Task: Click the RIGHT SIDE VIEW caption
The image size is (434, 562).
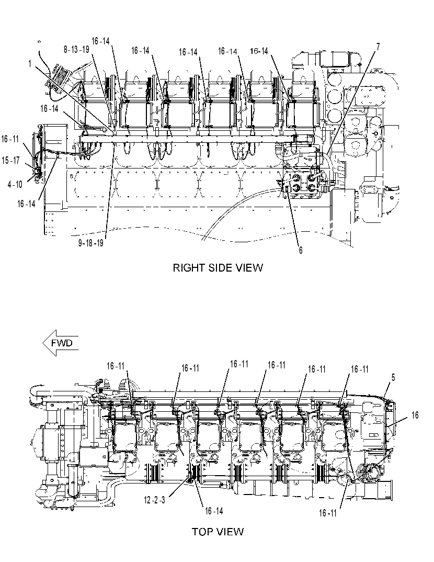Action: pyautogui.click(x=218, y=268)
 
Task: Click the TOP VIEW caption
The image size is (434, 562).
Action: pyautogui.click(x=218, y=532)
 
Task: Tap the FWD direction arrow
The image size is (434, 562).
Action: pyautogui.click(x=60, y=343)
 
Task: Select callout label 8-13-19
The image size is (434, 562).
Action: pyautogui.click(x=76, y=50)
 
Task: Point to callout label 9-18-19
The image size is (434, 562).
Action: pyautogui.click(x=91, y=243)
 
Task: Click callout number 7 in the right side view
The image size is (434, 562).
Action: pyautogui.click(x=378, y=47)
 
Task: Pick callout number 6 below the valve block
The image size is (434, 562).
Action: pyautogui.click(x=301, y=250)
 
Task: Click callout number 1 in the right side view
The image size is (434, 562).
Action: pyautogui.click(x=30, y=64)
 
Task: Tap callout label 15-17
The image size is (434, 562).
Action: pyautogui.click(x=11, y=160)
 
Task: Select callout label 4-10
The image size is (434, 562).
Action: pyautogui.click(x=15, y=185)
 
